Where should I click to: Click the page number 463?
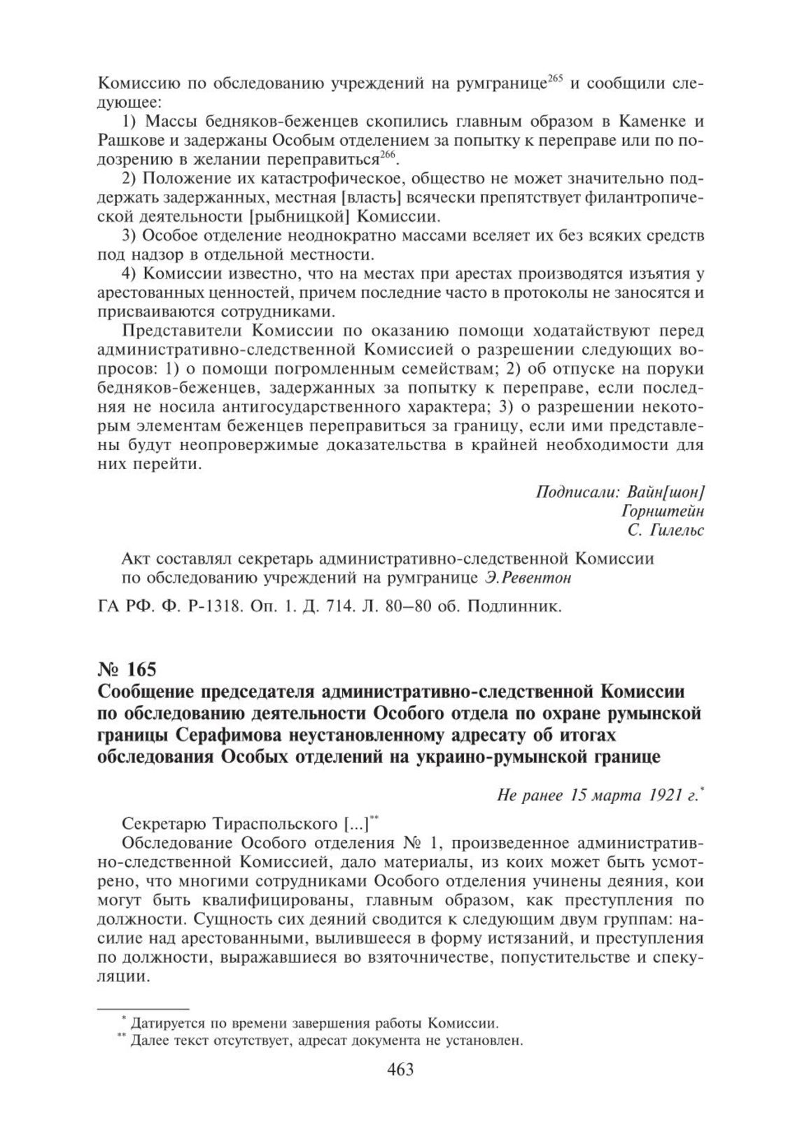tap(400, 1089)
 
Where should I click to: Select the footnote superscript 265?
tap(555, 78)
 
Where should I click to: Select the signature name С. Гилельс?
tap(666, 531)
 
